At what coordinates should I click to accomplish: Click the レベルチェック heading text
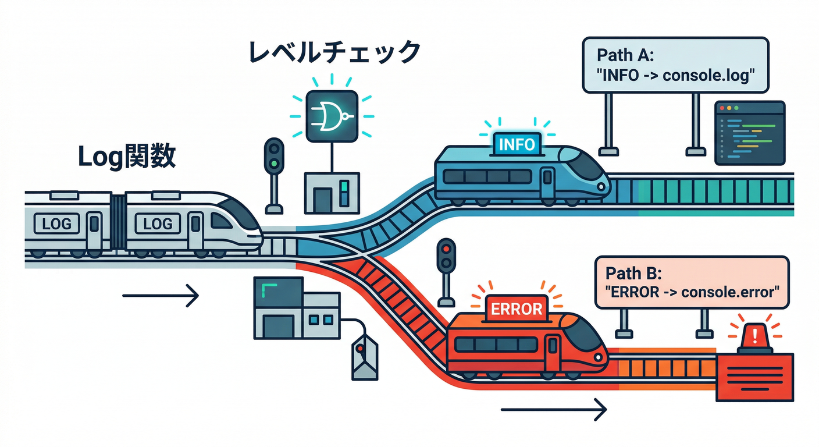(334, 52)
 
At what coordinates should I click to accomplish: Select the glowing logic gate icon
(331, 115)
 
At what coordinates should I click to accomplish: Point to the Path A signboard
(675, 65)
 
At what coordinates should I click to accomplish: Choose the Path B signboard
(692, 282)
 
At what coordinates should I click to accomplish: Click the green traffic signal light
(273, 164)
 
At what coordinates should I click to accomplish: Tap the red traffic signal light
(446, 247)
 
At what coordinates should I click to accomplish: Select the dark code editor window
(749, 133)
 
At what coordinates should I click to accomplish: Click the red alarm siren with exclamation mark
(754, 338)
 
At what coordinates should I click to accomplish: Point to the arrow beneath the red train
(553, 410)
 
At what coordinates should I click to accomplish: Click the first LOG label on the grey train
(57, 223)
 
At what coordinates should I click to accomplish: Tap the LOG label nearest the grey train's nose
(158, 223)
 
